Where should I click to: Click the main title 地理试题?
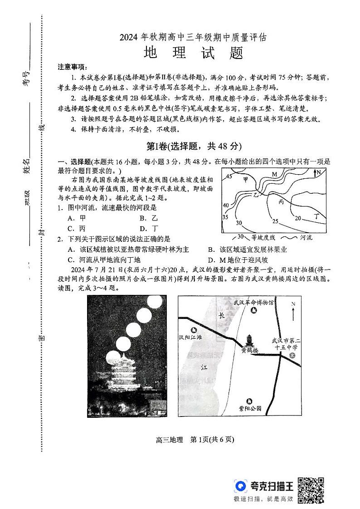tap(194, 53)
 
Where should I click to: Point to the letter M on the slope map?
tap(274, 174)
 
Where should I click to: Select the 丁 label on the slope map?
tap(317, 217)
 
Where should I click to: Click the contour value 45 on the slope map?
tap(229, 176)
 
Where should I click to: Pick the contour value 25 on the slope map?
tap(275, 221)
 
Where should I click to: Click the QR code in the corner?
tap(310, 490)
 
